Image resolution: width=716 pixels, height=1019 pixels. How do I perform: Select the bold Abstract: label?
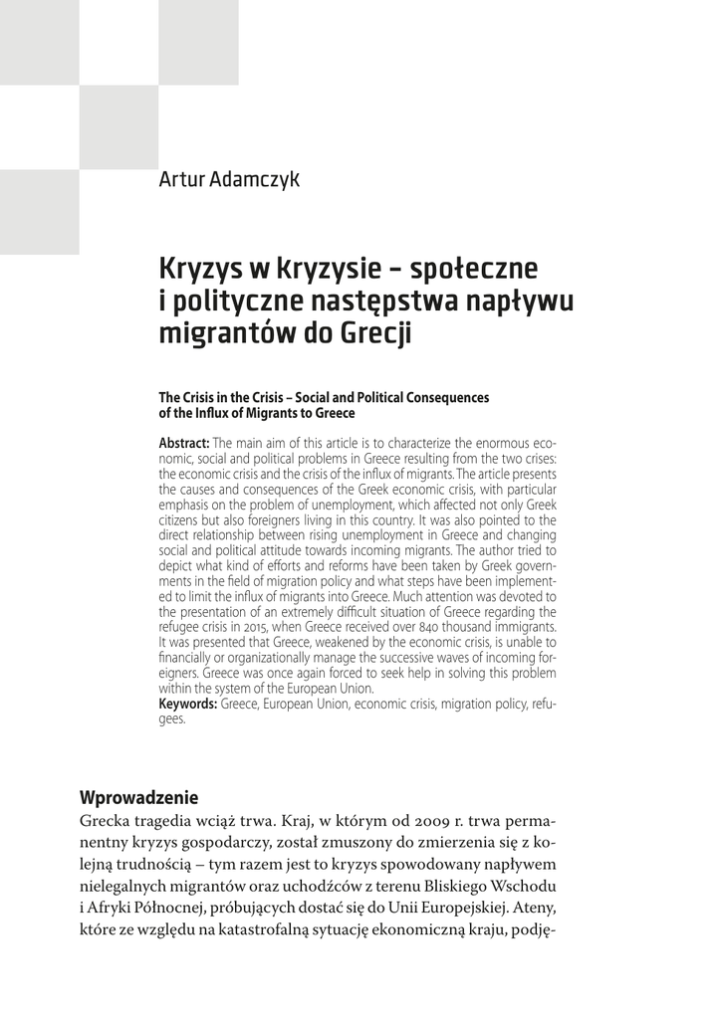(184, 443)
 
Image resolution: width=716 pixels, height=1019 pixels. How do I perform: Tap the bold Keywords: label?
(188, 703)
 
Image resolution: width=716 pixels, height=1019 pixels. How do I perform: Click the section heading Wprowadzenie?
(138, 797)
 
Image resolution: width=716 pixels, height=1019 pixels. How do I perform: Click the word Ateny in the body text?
(532, 909)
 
